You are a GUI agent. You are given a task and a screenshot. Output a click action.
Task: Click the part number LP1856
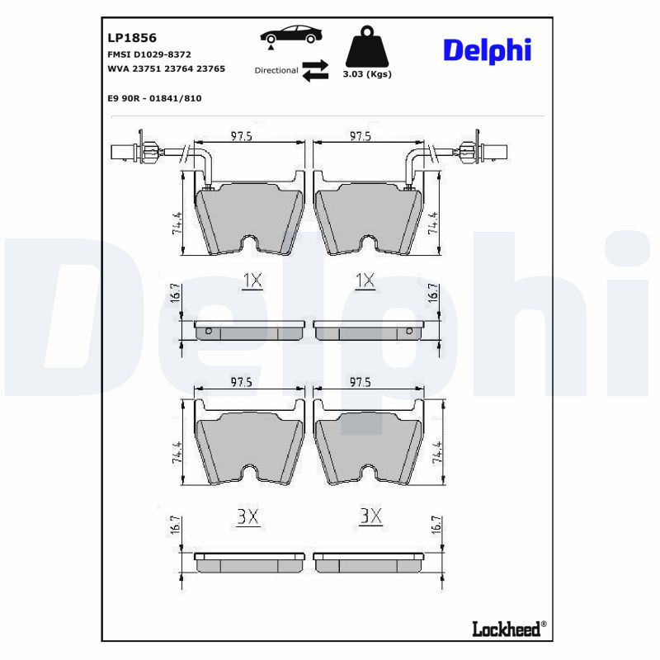pyautogui.click(x=132, y=38)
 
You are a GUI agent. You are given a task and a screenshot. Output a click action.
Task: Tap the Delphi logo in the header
pyautogui.click(x=487, y=49)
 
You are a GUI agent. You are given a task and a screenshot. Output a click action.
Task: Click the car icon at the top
pyautogui.click(x=291, y=35)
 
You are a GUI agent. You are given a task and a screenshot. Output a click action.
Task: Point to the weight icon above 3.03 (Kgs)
pyautogui.click(x=366, y=48)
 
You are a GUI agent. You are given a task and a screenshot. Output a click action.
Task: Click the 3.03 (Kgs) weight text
pyautogui.click(x=366, y=74)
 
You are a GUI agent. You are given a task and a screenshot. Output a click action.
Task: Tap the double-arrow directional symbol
pyautogui.click(x=314, y=70)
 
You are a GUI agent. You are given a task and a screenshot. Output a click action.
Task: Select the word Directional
pyautogui.click(x=276, y=71)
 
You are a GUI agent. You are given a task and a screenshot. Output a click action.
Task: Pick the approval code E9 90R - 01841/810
pyautogui.click(x=154, y=98)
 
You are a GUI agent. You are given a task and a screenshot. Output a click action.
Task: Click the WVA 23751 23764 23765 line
pyautogui.click(x=166, y=69)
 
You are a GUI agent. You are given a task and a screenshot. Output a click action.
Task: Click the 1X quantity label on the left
pyautogui.click(x=252, y=281)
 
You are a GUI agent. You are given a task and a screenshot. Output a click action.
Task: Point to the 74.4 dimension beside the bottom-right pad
pyautogui.click(x=434, y=453)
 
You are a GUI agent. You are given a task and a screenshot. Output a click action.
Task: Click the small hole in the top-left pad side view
pyautogui.click(x=208, y=332)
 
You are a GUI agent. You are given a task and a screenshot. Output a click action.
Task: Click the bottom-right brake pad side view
pyautogui.click(x=368, y=562)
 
